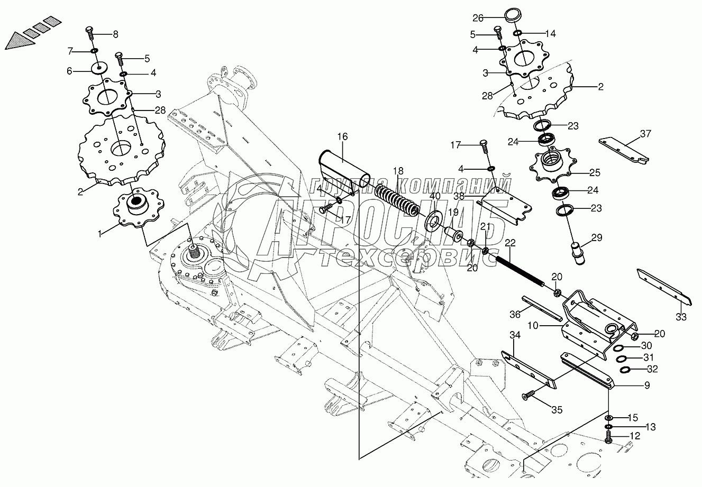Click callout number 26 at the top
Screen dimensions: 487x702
click(478, 17)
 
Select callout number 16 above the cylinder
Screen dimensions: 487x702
click(342, 137)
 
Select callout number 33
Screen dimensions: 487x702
click(681, 317)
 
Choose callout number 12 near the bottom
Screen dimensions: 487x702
click(635, 436)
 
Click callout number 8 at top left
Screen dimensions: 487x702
click(115, 34)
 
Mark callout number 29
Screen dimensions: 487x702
click(597, 237)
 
